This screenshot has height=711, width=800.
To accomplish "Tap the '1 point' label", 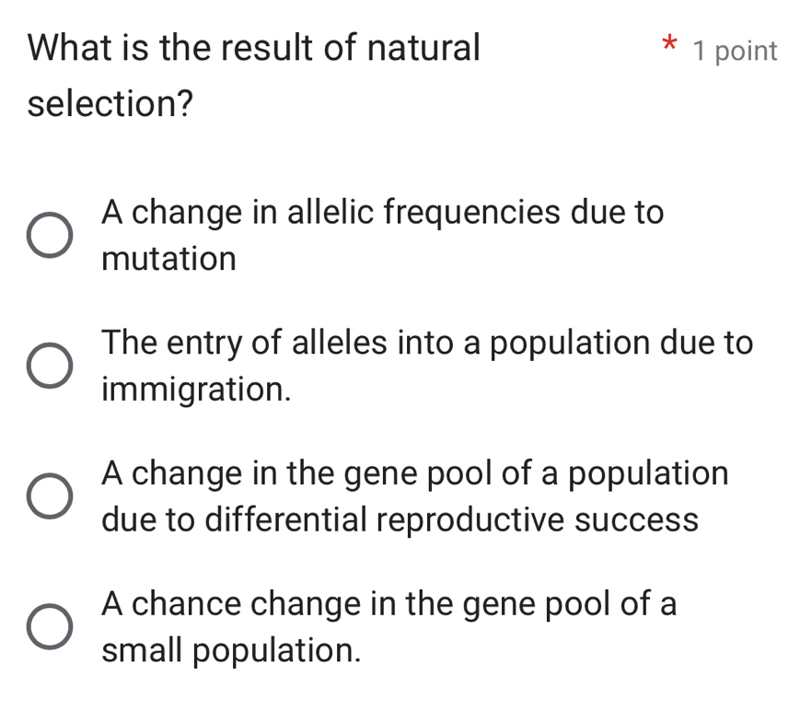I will (x=736, y=52).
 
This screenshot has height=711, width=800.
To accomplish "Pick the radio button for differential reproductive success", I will (x=47, y=497).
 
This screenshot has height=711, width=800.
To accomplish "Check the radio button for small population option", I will (x=47, y=628).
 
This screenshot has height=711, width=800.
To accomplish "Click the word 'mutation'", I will (x=169, y=260).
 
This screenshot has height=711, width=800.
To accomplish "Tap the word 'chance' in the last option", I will (x=199, y=605).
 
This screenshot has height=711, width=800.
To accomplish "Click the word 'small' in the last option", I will (x=143, y=651).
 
